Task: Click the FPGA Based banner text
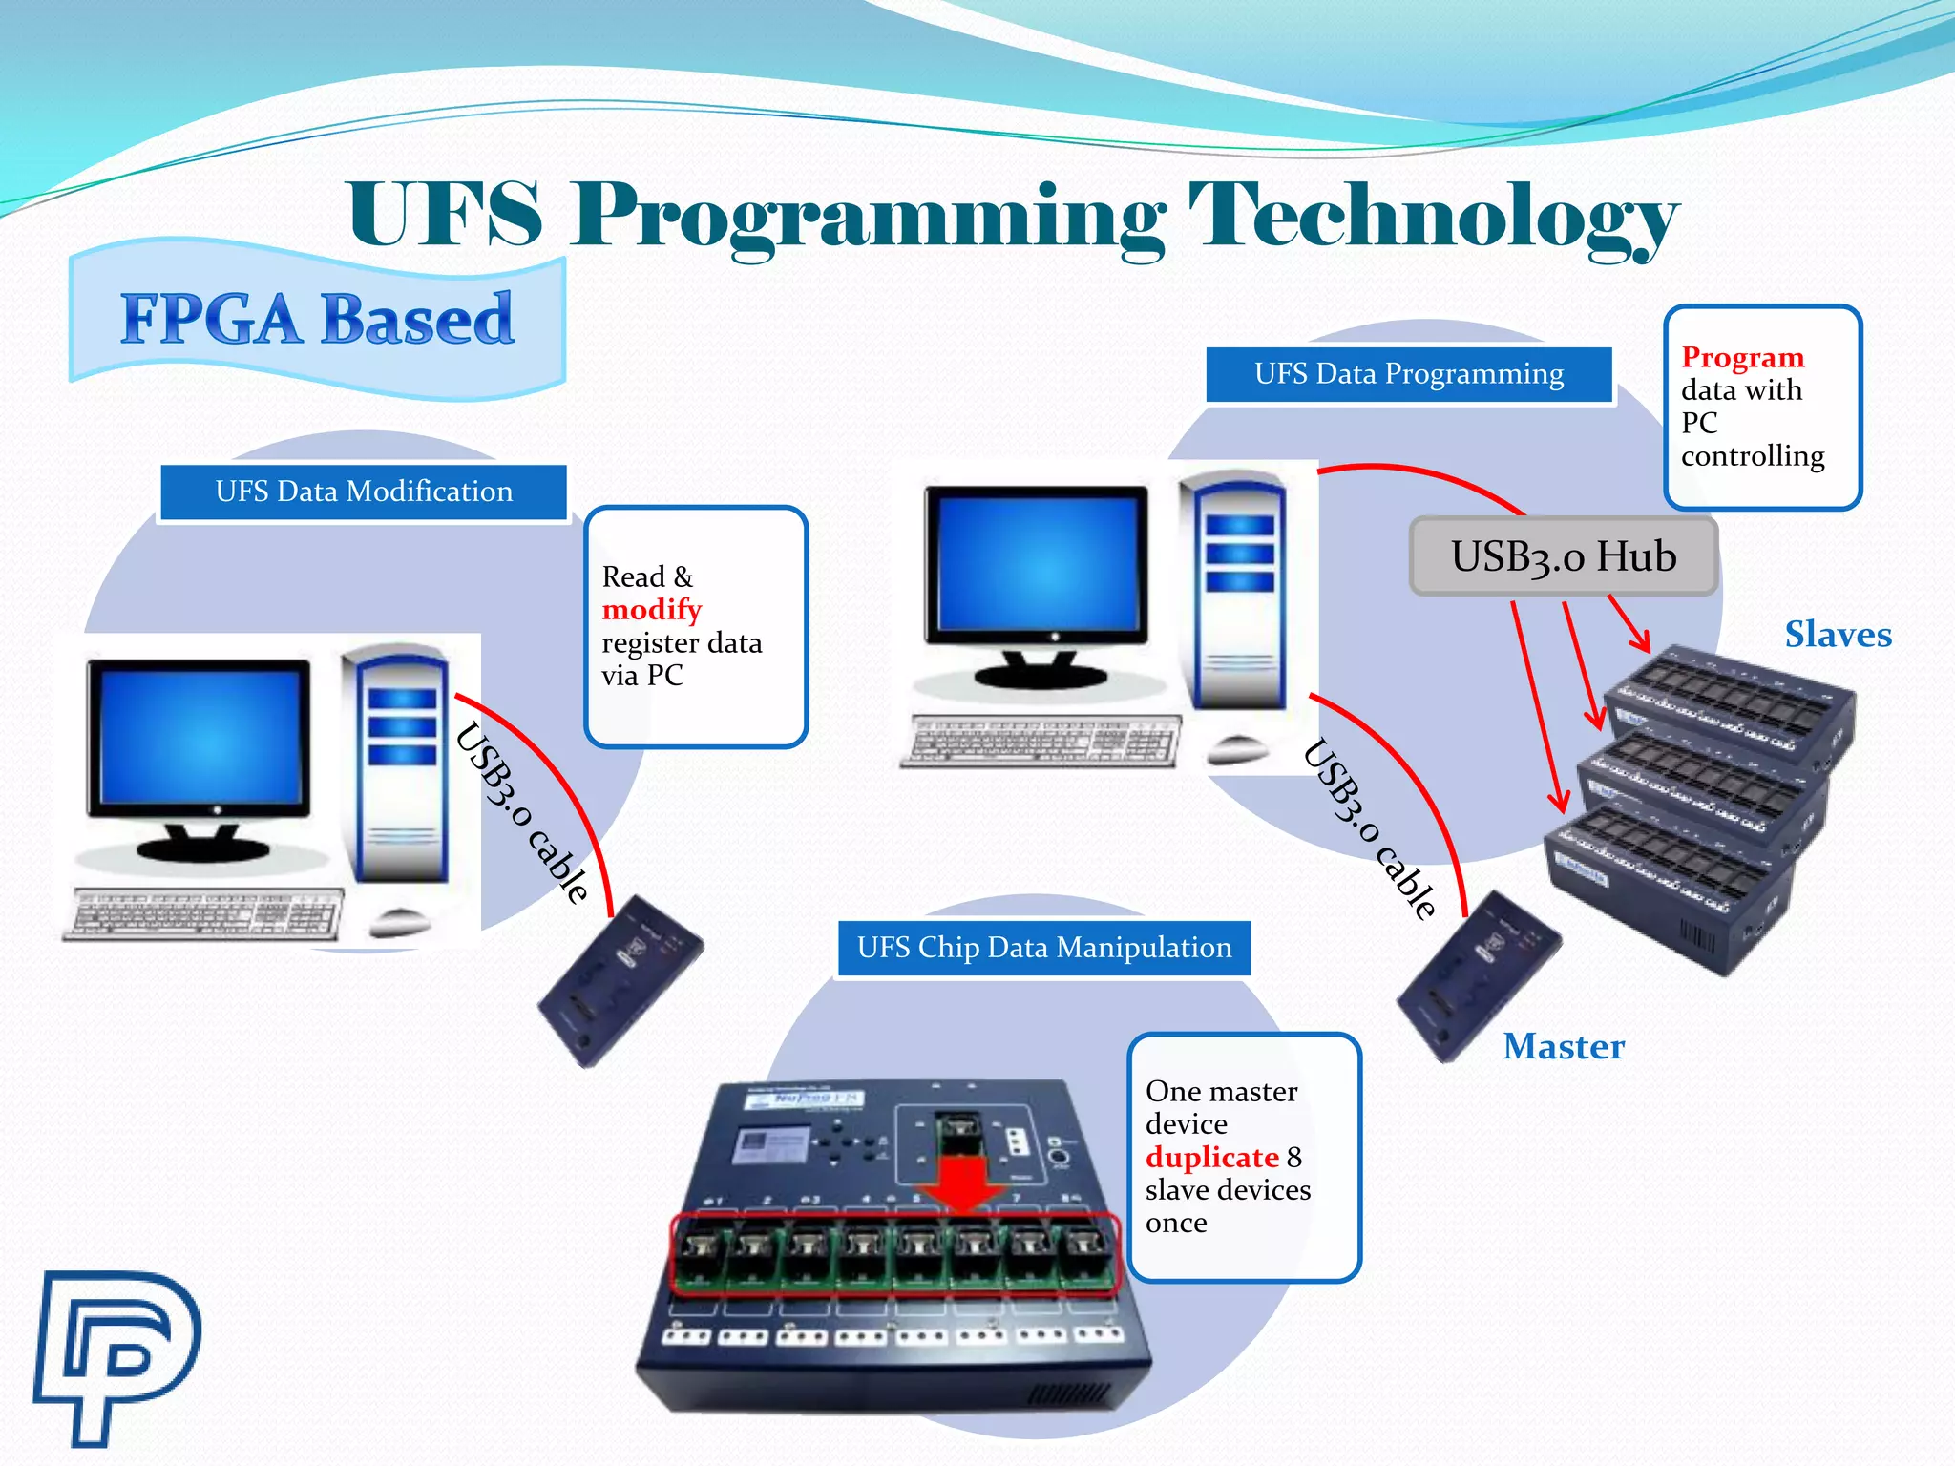click(x=317, y=319)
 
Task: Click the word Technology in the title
click(x=1432, y=218)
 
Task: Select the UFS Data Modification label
click(x=364, y=492)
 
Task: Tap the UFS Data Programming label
click(x=1409, y=374)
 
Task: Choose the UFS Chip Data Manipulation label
click(x=1044, y=948)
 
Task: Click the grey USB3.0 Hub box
click(x=1564, y=556)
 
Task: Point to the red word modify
click(x=652, y=610)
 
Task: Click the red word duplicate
click(x=1211, y=1158)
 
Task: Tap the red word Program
click(x=1742, y=357)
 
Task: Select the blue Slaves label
click(x=1838, y=635)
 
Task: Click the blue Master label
click(x=1564, y=1047)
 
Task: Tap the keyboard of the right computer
click(x=1041, y=740)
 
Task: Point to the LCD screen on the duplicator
click(x=768, y=1144)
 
